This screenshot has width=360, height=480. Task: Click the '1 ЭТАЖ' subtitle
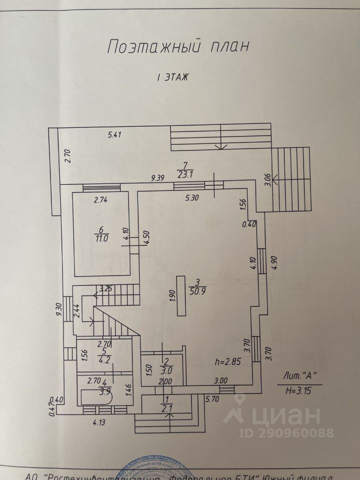click(173, 77)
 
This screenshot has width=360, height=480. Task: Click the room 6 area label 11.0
click(102, 238)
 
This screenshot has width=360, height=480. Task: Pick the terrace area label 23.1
click(185, 174)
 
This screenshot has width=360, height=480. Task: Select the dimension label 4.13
click(99, 421)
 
